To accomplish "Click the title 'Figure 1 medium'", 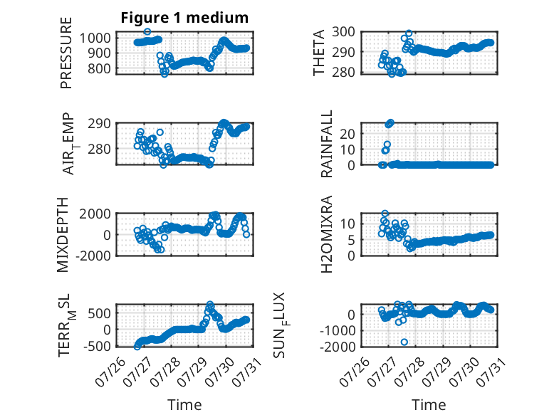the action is [x=184, y=18].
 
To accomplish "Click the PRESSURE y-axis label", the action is [x=66, y=53].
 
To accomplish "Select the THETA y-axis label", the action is [x=319, y=53].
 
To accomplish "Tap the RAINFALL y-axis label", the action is [x=326, y=143].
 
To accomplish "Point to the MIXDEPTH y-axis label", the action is [x=62, y=235].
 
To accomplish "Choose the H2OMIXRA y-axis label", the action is [x=326, y=234].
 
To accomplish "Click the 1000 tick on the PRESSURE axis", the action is [x=95, y=38].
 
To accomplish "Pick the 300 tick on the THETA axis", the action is [x=343, y=32].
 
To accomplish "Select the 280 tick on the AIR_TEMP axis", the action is [x=99, y=149].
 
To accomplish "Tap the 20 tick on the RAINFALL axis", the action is [x=347, y=134].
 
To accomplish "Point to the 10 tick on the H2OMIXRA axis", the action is [x=347, y=224].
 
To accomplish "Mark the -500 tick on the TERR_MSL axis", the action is [x=97, y=346].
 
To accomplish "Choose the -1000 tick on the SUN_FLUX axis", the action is [x=338, y=331].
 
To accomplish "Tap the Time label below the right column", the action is [x=429, y=404].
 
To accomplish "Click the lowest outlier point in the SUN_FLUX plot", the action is [x=404, y=342].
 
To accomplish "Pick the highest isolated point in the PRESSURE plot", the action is [x=147, y=31].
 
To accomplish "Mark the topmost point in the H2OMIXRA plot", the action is [x=385, y=214].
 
